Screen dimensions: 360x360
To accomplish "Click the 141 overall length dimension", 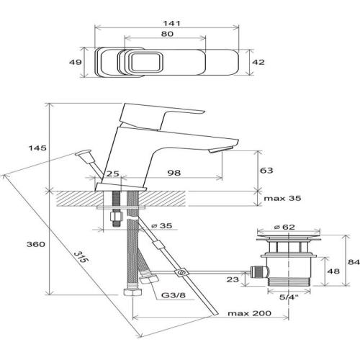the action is (x=171, y=24).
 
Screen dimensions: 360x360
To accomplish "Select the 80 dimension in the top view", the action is (x=167, y=34).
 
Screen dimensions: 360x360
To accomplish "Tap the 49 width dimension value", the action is (x=76, y=62).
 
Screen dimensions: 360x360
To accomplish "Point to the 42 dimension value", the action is (x=258, y=62).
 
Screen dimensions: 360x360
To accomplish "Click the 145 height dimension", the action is (x=37, y=148).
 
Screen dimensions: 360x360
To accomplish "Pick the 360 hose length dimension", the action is (x=36, y=244).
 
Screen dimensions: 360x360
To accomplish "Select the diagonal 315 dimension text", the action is (x=80, y=257).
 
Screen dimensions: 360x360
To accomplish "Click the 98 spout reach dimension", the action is (x=174, y=173).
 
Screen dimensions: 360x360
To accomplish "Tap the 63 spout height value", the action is (x=266, y=171).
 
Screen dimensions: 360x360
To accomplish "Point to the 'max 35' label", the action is (x=282, y=199).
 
